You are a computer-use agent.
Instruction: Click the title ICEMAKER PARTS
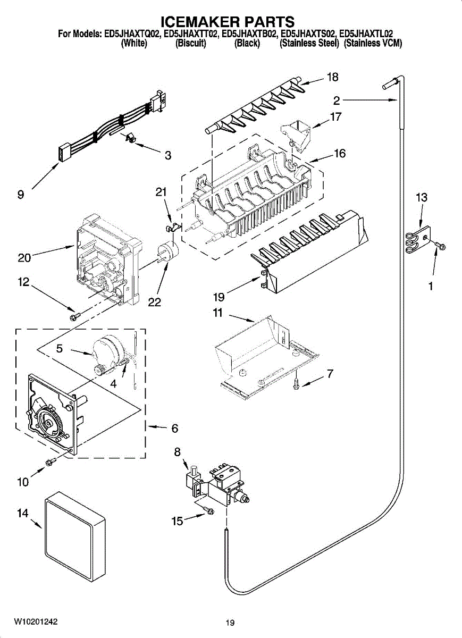coord(228,22)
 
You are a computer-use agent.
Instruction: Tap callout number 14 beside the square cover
coord(23,513)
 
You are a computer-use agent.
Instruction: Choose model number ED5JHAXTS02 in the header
coord(307,34)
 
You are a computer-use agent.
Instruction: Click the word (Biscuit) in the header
coord(190,43)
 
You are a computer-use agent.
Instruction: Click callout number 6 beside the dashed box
coord(174,429)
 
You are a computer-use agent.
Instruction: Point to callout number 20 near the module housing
coord(24,258)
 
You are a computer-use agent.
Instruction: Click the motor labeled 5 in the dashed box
coord(107,352)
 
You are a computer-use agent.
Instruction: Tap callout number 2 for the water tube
coord(337,100)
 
